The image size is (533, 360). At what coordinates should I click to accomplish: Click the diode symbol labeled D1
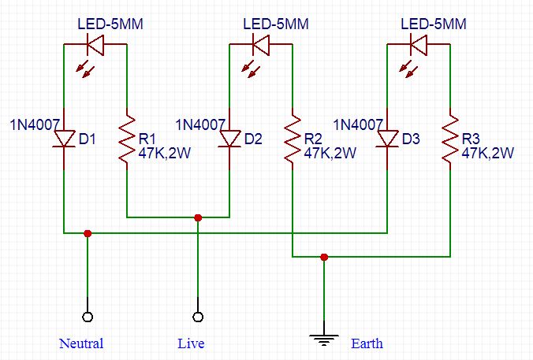(63, 139)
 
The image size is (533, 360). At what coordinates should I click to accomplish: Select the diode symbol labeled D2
(229, 139)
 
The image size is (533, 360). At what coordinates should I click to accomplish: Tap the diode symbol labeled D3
(387, 139)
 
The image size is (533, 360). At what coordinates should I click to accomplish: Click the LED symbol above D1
(95, 45)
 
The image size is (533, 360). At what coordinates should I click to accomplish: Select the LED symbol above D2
(261, 45)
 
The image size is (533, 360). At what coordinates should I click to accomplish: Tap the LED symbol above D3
(419, 45)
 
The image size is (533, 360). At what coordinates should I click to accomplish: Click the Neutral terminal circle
(88, 317)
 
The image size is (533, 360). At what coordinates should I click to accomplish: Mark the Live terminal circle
(198, 317)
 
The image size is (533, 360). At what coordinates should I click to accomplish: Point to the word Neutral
(81, 343)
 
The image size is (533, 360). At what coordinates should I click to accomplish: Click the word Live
(191, 343)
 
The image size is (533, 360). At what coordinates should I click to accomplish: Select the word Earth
(367, 343)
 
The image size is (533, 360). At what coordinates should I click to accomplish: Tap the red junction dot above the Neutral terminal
(88, 233)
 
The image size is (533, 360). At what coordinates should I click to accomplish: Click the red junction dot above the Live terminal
(198, 217)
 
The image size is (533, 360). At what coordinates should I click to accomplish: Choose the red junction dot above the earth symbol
(324, 257)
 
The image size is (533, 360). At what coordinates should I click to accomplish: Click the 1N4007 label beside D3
(358, 124)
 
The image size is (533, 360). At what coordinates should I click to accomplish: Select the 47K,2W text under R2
(330, 154)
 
